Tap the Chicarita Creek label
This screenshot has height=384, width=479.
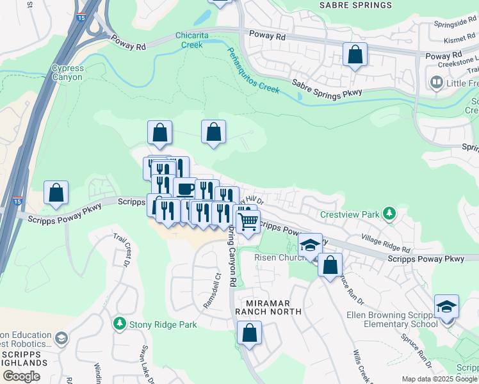coord(192,40)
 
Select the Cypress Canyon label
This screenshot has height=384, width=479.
coord(67,72)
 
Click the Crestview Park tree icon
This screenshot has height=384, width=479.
coord(388,213)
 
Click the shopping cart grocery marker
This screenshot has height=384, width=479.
coord(248,221)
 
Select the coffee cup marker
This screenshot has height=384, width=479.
coord(185,189)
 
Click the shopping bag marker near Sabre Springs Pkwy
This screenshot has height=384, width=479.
coord(355,55)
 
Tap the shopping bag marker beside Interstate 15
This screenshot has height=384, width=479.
coord(56,193)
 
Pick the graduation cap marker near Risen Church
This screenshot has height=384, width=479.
coord(310,246)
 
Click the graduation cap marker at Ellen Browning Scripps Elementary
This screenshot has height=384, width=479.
coord(446,307)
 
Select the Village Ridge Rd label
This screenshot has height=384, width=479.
coord(385,243)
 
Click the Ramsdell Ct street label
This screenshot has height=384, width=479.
coord(212,291)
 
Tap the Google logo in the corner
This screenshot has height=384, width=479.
coord(21,376)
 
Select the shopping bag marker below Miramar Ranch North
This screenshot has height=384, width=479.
coord(249,333)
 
